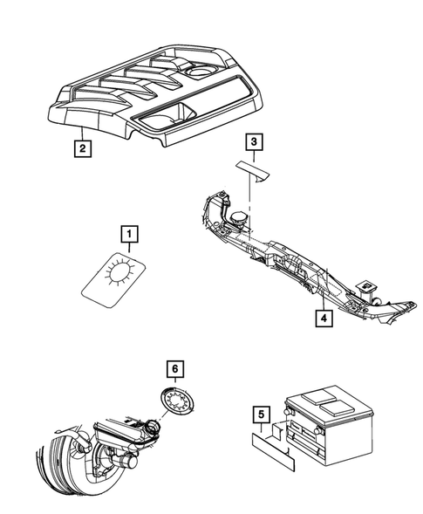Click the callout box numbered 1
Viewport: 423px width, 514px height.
click(129, 234)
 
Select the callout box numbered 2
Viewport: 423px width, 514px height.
click(83, 148)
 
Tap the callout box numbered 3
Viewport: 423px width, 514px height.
click(254, 142)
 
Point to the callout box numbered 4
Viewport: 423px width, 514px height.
click(324, 319)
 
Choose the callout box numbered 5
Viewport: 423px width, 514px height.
click(261, 415)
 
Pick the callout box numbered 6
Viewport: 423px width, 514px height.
click(175, 369)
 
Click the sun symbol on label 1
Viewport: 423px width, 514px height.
click(119, 270)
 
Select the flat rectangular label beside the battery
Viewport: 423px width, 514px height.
click(273, 452)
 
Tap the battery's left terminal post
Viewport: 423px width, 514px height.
click(288, 412)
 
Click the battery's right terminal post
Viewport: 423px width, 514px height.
click(317, 430)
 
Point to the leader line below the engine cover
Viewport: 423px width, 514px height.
click(83, 133)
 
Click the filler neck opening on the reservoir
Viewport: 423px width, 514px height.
click(153, 426)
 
